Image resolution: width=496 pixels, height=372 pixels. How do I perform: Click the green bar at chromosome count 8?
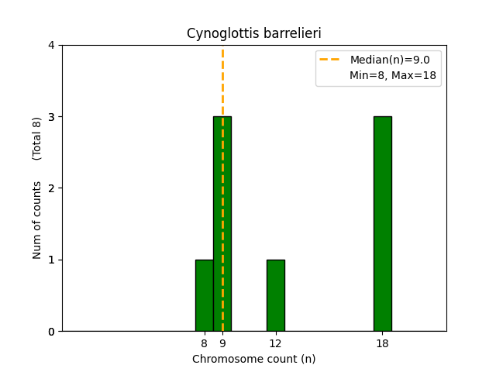[x=204, y=295]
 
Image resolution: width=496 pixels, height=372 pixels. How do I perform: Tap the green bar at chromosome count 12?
[x=275, y=295]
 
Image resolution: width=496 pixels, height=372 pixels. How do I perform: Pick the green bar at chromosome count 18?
[x=382, y=224]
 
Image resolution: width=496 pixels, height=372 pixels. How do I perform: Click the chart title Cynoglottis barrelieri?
[x=254, y=33]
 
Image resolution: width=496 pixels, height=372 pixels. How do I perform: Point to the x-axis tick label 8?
[x=204, y=343]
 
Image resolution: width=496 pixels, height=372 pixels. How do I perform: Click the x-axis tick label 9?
[x=222, y=343]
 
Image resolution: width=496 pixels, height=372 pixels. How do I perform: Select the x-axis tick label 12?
[x=275, y=343]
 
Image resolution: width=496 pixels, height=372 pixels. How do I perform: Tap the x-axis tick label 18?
[x=382, y=343]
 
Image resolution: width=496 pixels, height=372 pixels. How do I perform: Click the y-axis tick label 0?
[x=52, y=331]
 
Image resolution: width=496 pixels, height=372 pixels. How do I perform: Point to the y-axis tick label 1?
[x=52, y=260]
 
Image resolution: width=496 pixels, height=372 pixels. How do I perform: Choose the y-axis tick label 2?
[x=52, y=188]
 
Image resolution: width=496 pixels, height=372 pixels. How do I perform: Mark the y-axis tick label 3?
[x=52, y=117]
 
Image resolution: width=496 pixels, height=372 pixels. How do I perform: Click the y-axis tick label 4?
[x=52, y=46]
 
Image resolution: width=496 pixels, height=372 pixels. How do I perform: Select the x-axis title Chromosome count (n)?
[x=254, y=359]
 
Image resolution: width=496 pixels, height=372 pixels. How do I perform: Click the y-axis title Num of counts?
[x=37, y=220]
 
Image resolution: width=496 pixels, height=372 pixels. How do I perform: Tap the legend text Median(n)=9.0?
[x=390, y=60]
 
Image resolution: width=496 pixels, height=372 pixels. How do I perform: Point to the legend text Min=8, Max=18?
[x=392, y=75]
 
